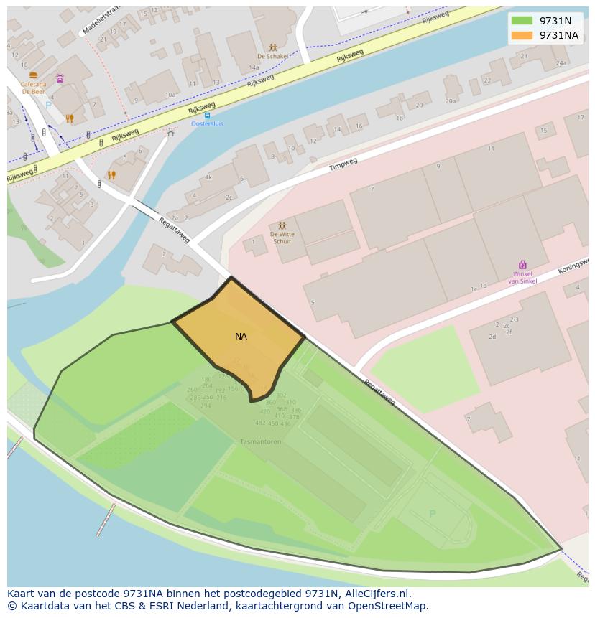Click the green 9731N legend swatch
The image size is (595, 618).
pos(522,21)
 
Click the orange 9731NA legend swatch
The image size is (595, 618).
pos(522,35)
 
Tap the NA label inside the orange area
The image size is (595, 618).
pos(241,336)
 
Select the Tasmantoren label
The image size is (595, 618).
pos(260,441)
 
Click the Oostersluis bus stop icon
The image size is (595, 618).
pos(207,116)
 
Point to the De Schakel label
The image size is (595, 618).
pos(272,56)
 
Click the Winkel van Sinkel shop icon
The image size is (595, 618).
pos(522,265)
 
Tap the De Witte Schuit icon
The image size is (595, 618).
pos(282,225)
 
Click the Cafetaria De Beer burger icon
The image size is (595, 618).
pos(33,75)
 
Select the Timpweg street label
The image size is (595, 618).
pos(343,164)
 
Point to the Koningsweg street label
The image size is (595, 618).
pos(573,267)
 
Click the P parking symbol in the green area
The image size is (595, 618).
pos(432,514)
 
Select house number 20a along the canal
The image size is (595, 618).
pos(451,101)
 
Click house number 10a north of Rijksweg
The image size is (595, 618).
pos(170,95)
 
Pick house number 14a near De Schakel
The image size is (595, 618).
pos(254,67)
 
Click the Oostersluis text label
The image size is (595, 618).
pos(207,124)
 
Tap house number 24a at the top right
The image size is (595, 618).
pos(561,63)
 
